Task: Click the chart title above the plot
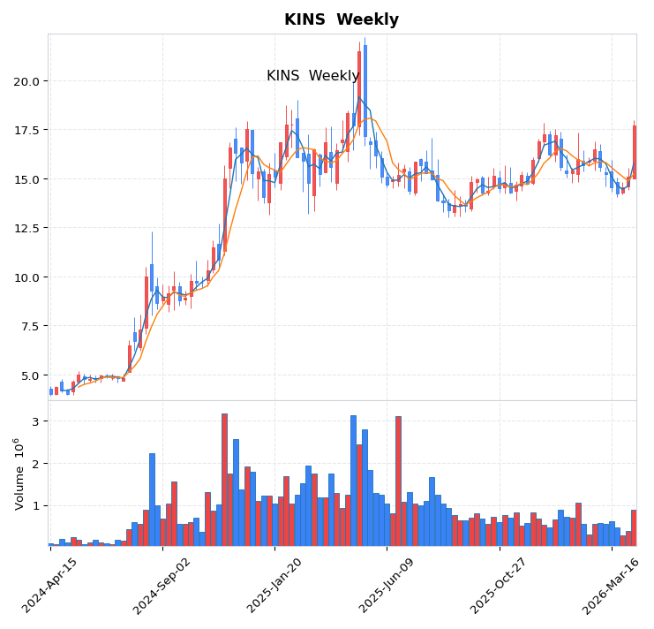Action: click(x=341, y=19)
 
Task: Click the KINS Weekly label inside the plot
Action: click(x=312, y=76)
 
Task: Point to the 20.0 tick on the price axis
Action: click(x=26, y=81)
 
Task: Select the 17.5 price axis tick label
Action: click(x=26, y=130)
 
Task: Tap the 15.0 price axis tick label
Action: click(x=26, y=179)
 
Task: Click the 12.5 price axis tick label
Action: click(x=26, y=228)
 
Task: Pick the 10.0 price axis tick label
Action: click(x=26, y=277)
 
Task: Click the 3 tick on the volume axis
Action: click(x=36, y=421)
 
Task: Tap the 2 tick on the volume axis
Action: click(x=36, y=464)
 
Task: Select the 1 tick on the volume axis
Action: click(x=36, y=506)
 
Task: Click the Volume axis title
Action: click(x=18, y=473)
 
